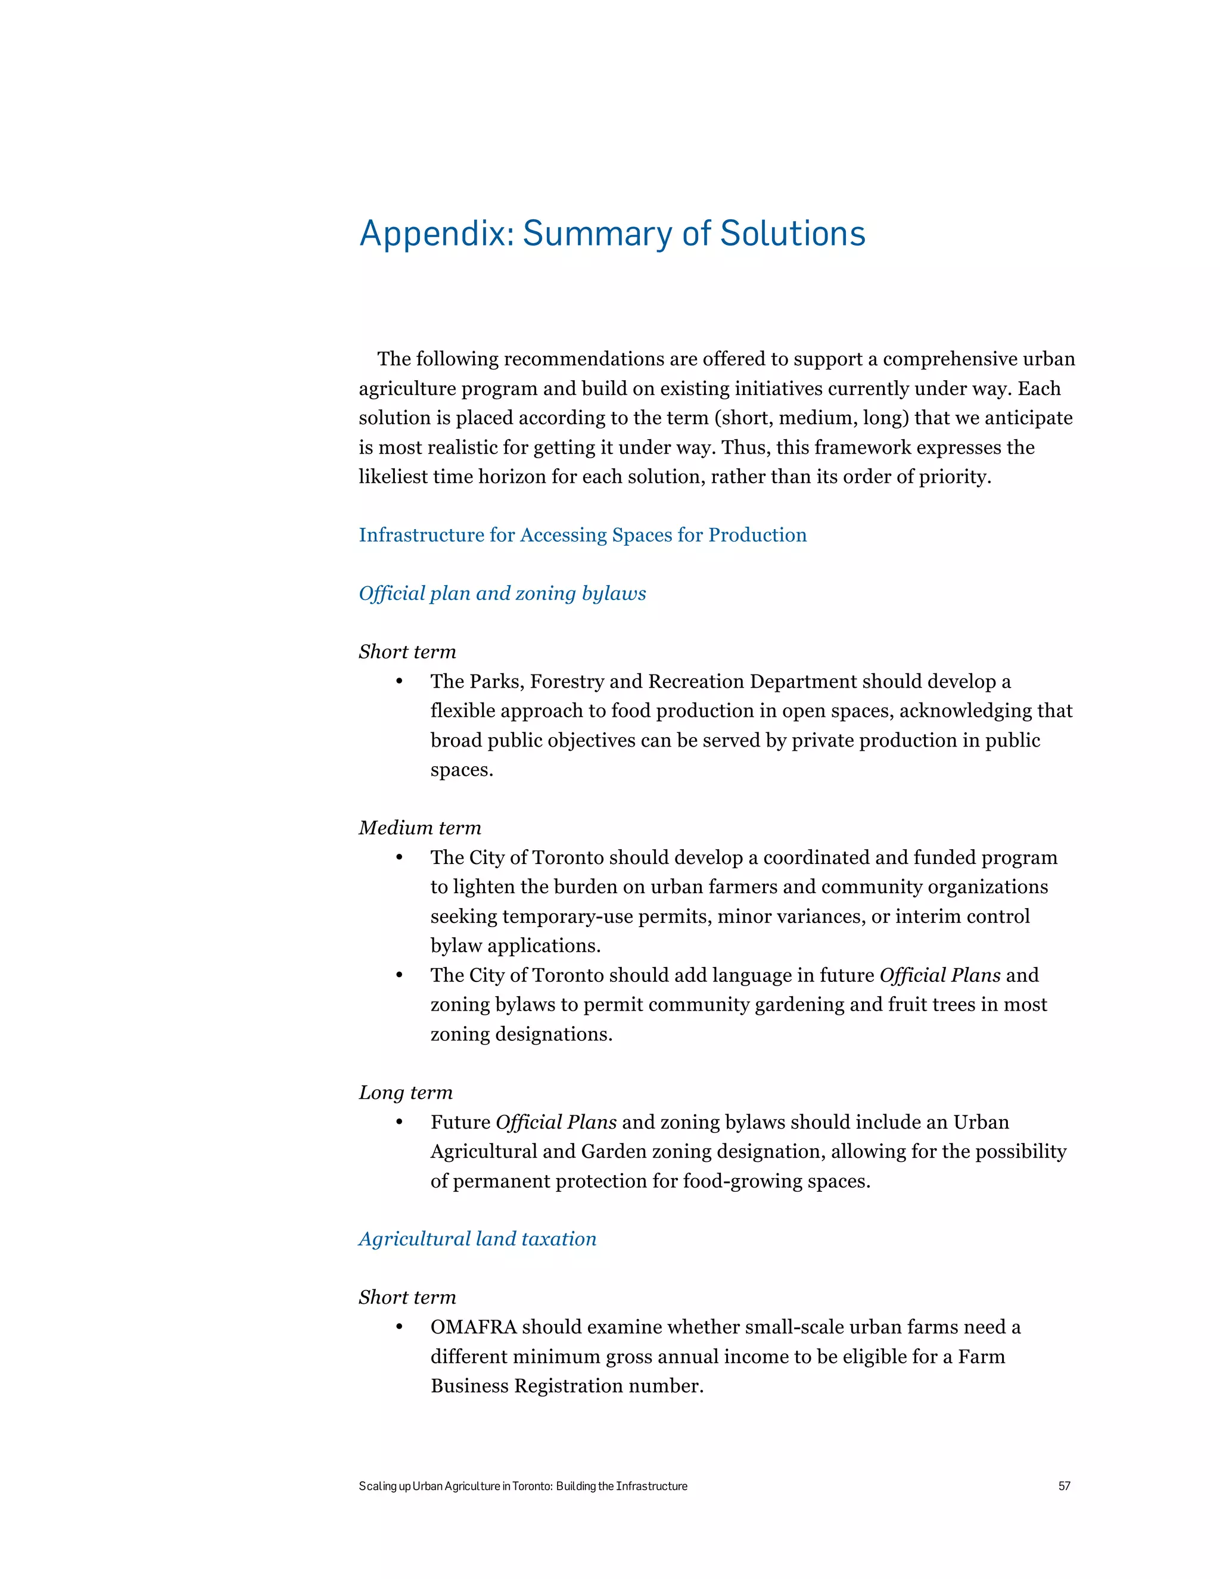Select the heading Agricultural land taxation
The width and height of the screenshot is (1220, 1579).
[x=477, y=1239]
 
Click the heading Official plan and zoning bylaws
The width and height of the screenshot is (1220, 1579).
[x=502, y=593]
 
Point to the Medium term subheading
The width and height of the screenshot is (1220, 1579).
[x=419, y=827]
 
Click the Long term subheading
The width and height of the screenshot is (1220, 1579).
[x=406, y=1092]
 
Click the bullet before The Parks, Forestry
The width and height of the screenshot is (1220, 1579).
[x=399, y=682]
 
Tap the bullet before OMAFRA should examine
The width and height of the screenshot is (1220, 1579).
[x=399, y=1328]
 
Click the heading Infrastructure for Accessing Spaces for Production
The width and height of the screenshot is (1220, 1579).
[x=583, y=534]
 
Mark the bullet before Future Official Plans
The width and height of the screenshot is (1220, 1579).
[x=399, y=1122]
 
